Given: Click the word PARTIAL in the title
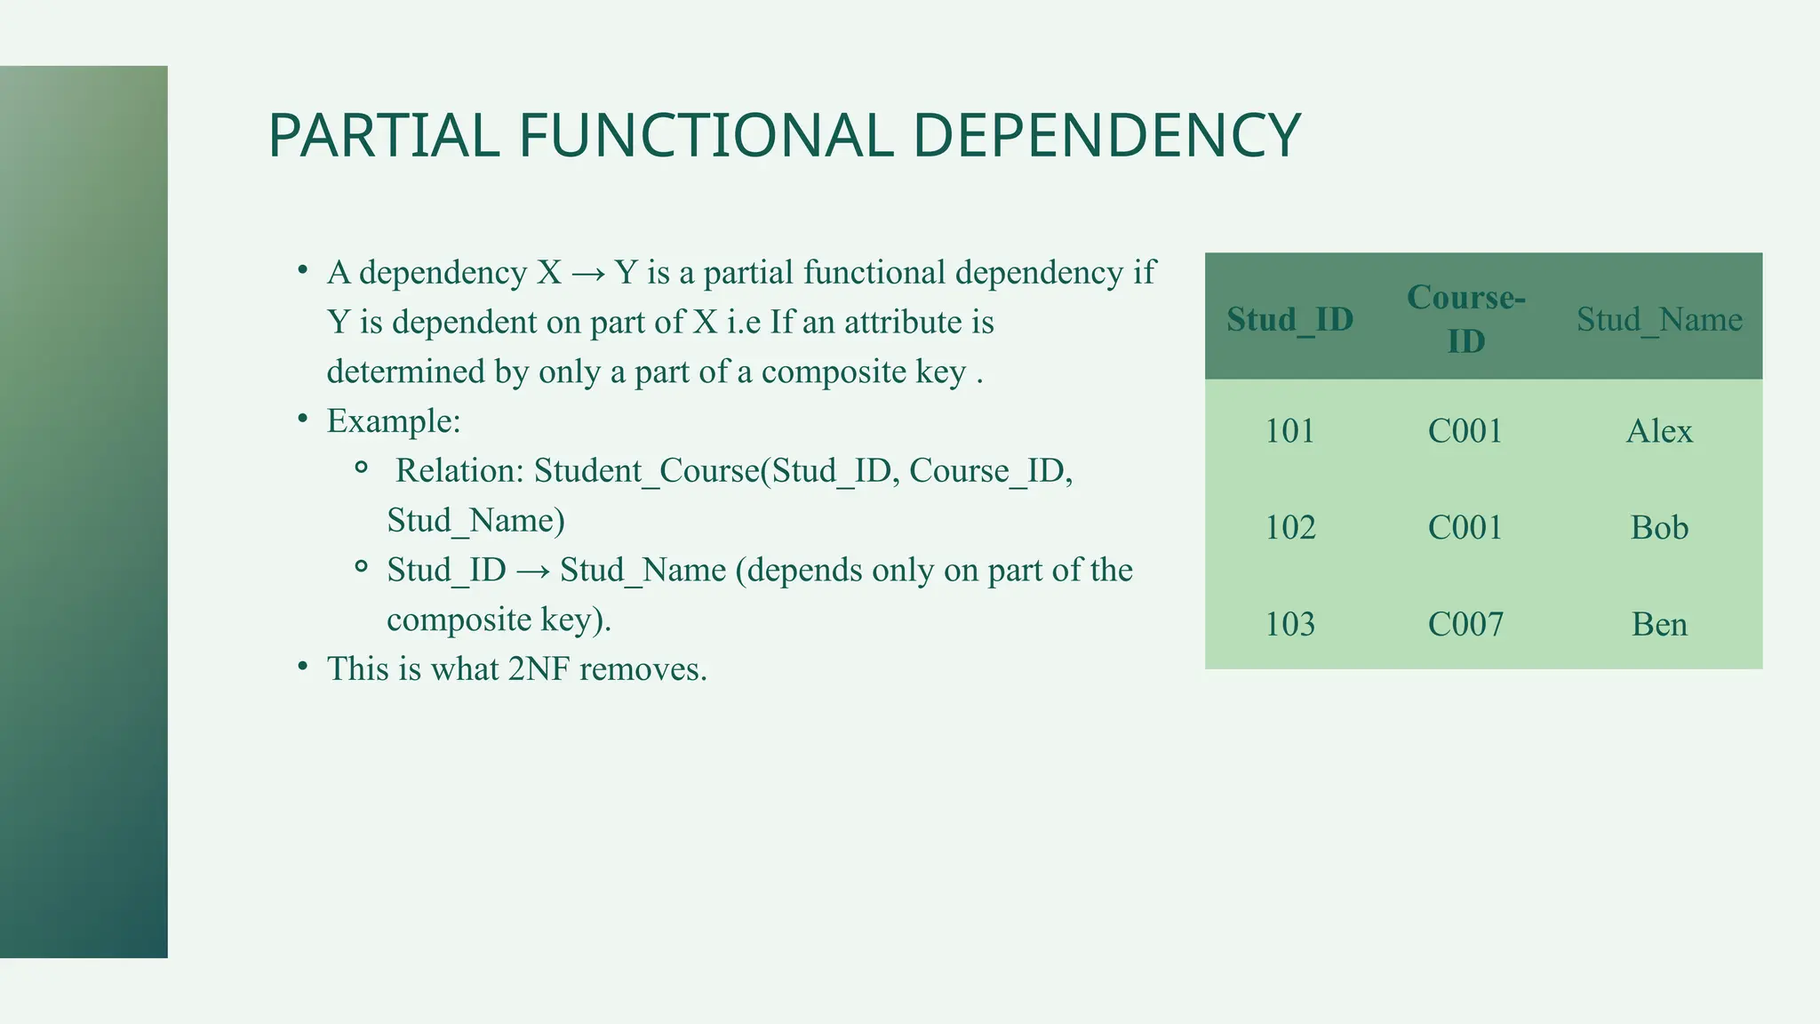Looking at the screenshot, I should pos(383,136).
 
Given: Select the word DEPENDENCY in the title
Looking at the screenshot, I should pos(1106,136).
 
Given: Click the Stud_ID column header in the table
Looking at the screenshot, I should pos(1289,319).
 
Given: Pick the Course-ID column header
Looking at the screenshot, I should pos(1465,318).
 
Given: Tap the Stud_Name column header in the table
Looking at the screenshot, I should pos(1659,319).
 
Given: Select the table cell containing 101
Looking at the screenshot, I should pos(1289,431).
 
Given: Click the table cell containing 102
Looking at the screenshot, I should pos(1289,528).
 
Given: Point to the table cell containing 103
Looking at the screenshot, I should pos(1289,625).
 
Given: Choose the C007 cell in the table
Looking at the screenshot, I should pos(1465,625).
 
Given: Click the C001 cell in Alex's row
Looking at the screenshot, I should pos(1465,431).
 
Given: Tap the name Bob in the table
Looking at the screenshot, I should pos(1659,528).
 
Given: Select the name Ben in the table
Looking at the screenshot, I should pos(1659,625).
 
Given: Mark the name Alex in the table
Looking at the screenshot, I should pos(1659,431).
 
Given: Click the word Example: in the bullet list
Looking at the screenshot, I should pos(394,421).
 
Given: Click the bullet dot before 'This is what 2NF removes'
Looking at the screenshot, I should pos(303,666).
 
